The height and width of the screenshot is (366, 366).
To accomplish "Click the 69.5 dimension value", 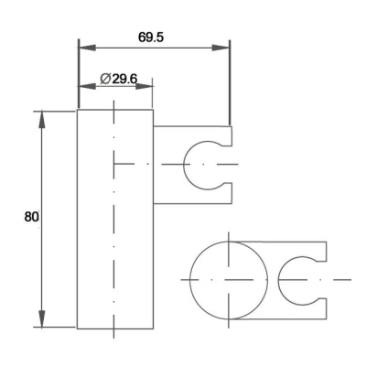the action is pos(151,38).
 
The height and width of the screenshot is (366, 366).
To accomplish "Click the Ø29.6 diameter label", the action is pos(119,79).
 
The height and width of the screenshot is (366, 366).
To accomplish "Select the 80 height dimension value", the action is pos(31,217).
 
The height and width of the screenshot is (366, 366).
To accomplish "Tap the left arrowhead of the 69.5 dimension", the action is pos(88,48).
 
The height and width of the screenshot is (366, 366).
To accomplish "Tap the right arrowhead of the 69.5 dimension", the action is pos(221,48).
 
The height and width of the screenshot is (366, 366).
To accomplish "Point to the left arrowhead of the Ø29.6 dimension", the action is pos(87,86).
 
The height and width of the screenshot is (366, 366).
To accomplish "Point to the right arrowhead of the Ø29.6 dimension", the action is pos(144,86).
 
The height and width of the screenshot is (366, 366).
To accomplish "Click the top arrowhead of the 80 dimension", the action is pos(42,120).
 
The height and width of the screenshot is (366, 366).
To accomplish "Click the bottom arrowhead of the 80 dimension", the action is pos(42,318).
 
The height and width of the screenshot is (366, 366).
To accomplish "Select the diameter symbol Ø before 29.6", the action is pos(105,79).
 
